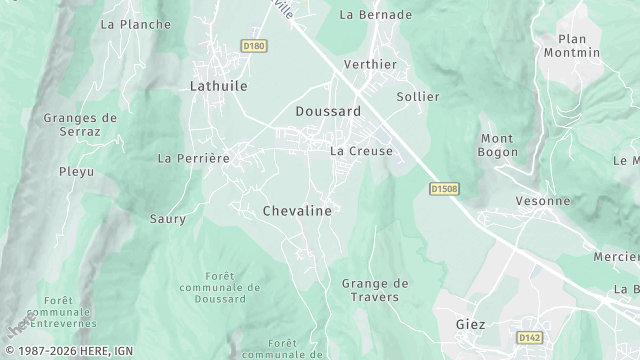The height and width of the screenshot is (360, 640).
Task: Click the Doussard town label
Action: pyautogui.click(x=328, y=112)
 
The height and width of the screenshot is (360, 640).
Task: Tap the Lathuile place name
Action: pyautogui.click(x=218, y=87)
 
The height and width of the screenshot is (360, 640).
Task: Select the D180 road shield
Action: pyautogui.click(x=253, y=45)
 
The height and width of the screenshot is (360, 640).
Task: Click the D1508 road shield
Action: pyautogui.click(x=444, y=187)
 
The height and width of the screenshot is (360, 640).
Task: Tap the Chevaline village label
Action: pyautogui.click(x=296, y=211)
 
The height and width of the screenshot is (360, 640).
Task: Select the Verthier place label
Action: pyautogui.click(x=370, y=64)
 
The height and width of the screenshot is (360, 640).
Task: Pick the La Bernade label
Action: pyautogui.click(x=376, y=15)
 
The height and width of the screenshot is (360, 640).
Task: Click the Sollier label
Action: pyautogui.click(x=418, y=97)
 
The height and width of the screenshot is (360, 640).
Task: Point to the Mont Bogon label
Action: pyautogui.click(x=498, y=145)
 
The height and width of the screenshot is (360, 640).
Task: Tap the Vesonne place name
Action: pyautogui.click(x=543, y=200)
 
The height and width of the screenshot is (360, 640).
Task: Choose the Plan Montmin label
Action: pyautogui.click(x=572, y=45)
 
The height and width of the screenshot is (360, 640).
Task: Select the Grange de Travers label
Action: pyautogui.click(x=370, y=290)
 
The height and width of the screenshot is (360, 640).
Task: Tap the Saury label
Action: pyautogui.click(x=168, y=218)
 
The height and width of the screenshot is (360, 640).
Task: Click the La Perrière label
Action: pyautogui.click(x=194, y=158)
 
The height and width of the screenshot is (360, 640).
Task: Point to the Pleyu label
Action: pyautogui.click(x=76, y=172)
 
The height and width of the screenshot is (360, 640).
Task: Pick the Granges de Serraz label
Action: pyautogui.click(x=80, y=124)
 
